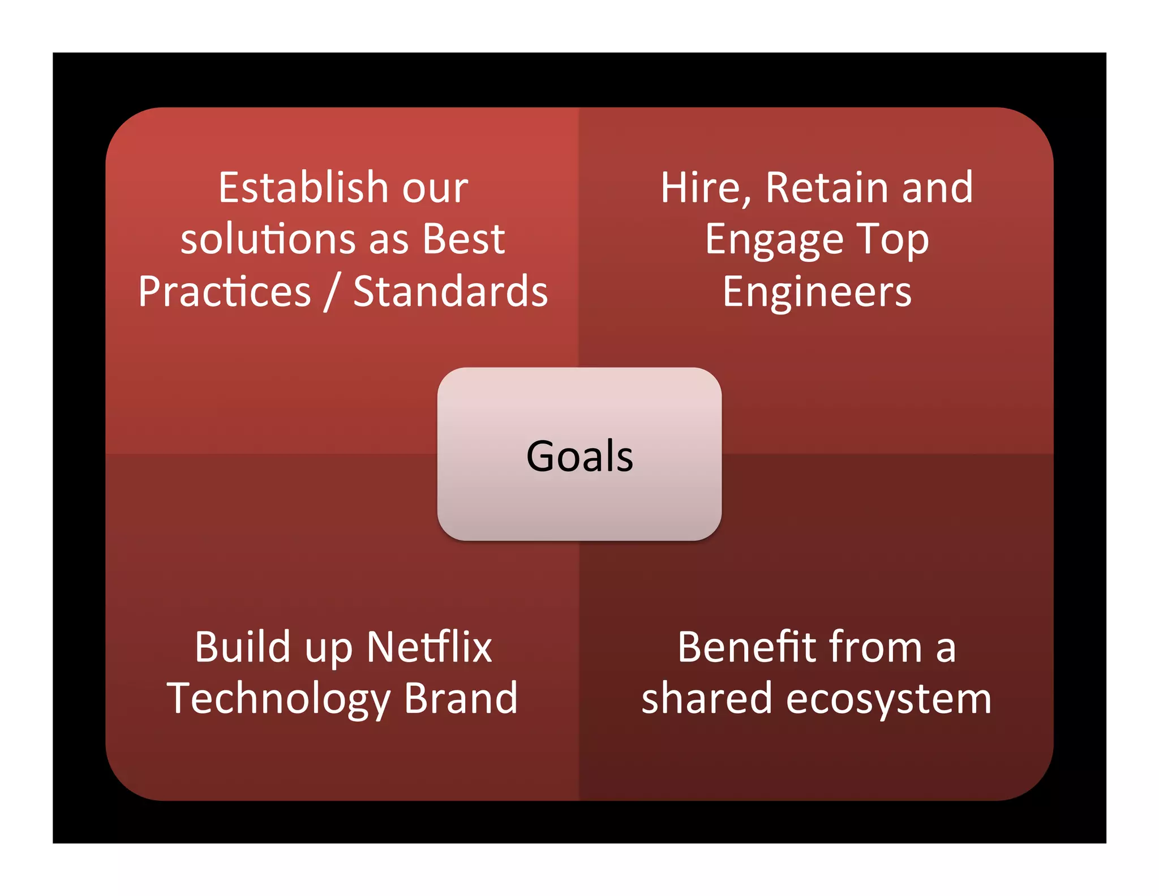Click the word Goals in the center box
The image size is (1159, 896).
[579, 456]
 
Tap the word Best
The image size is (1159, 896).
[463, 239]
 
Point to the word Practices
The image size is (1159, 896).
[225, 292]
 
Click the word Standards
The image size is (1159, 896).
[450, 292]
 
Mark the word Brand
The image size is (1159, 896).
[461, 698]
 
